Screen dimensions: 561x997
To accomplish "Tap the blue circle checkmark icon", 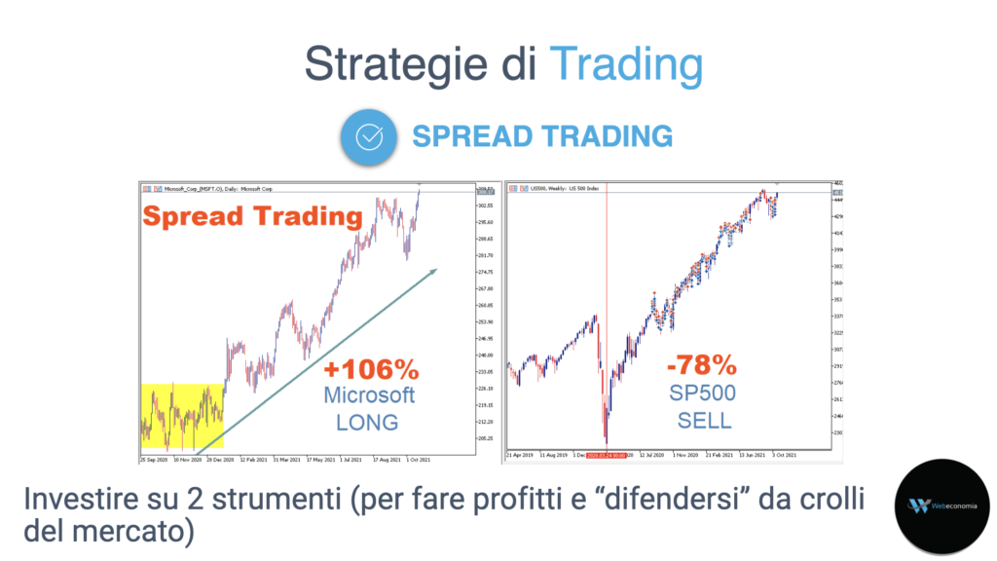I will click(369, 136).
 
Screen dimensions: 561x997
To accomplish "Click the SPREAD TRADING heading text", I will click(542, 135).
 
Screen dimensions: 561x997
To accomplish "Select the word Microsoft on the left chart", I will click(370, 395).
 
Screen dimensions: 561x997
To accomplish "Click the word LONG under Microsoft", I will click(367, 422).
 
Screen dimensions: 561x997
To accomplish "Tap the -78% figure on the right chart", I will click(701, 366).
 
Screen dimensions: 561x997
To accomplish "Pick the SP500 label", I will click(701, 393).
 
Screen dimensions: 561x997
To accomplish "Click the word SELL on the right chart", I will click(702, 421).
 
